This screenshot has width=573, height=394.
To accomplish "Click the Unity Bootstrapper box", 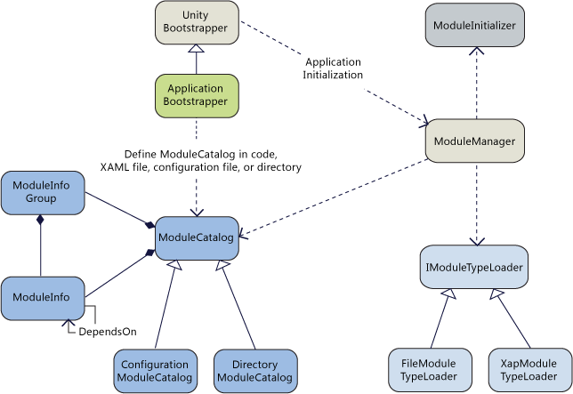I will click(x=196, y=22).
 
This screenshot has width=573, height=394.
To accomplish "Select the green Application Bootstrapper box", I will click(x=196, y=96).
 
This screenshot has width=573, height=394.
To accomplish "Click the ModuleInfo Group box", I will click(x=42, y=192).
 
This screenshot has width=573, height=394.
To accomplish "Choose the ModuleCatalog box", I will click(x=196, y=238).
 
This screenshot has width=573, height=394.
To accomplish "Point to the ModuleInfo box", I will click(x=42, y=298).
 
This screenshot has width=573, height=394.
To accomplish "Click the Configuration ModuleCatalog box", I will click(x=155, y=371).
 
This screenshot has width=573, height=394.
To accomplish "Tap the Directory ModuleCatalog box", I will click(x=254, y=371).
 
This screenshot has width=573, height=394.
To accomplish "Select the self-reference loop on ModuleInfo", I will click(x=89, y=317).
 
